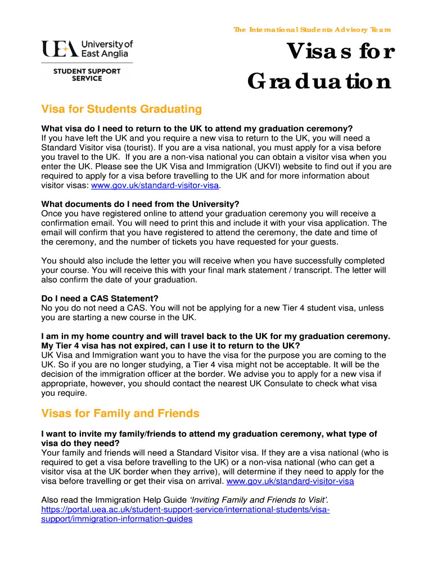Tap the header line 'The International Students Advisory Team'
[312, 30]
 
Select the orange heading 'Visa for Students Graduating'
[121, 109]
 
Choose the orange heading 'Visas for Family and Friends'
[120, 413]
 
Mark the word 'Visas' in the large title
[315, 53]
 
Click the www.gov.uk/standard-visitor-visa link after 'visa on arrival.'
[290, 481]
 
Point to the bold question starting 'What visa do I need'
[197, 128]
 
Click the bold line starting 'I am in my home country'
[215, 336]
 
